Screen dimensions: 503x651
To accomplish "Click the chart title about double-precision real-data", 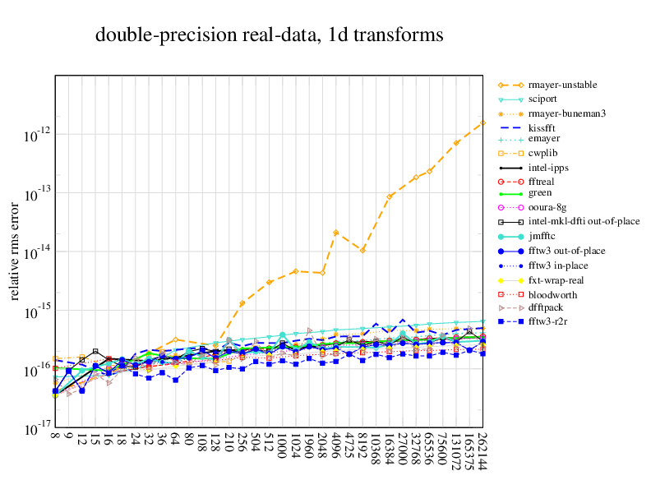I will [270, 35].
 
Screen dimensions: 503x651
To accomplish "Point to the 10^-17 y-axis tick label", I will [37, 430].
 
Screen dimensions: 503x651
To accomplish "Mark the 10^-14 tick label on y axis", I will [37, 253].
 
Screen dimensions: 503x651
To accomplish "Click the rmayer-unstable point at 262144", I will [482, 123].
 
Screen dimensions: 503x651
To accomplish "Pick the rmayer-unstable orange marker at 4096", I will [335, 233].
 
